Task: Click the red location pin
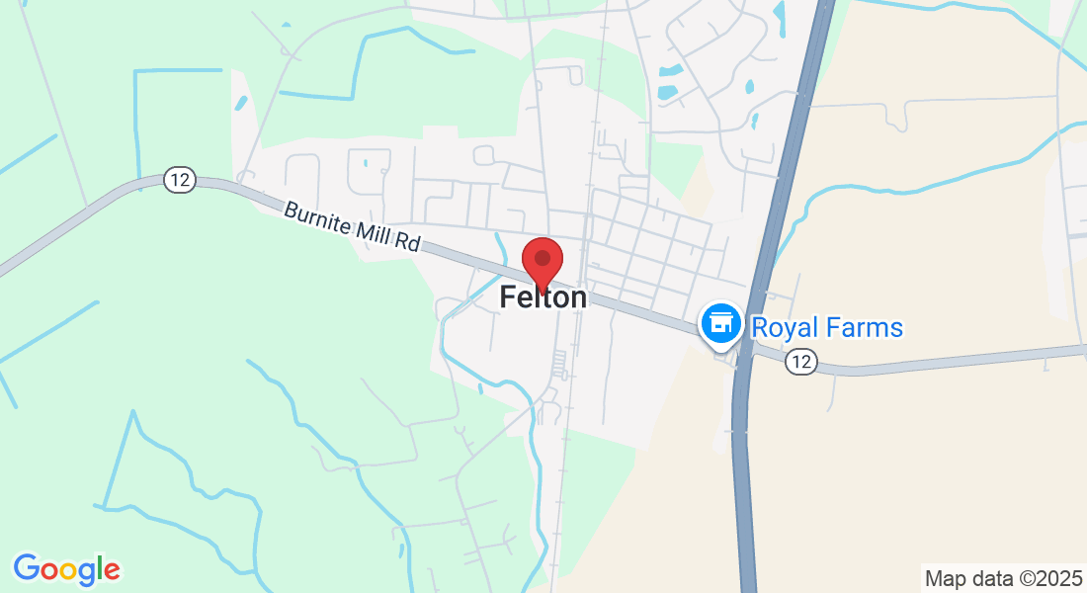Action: [x=542, y=263]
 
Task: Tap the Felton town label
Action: [x=543, y=296]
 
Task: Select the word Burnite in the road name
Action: [x=317, y=220]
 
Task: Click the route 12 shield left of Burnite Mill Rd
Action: [x=179, y=180]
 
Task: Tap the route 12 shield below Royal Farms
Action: [x=801, y=363]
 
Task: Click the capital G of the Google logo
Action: [x=27, y=568]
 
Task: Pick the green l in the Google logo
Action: [x=99, y=567]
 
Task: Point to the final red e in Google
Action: [x=111, y=571]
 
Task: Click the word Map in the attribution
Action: [x=944, y=578]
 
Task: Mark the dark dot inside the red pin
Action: [x=542, y=259]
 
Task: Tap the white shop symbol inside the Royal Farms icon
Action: [x=721, y=321]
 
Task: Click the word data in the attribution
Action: [x=990, y=578]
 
